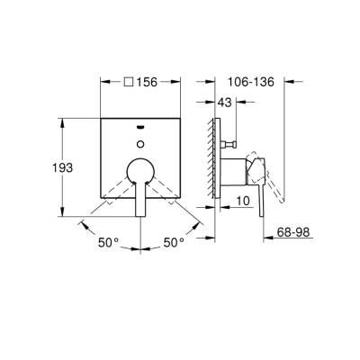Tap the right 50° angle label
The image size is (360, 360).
tap(174, 241)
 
